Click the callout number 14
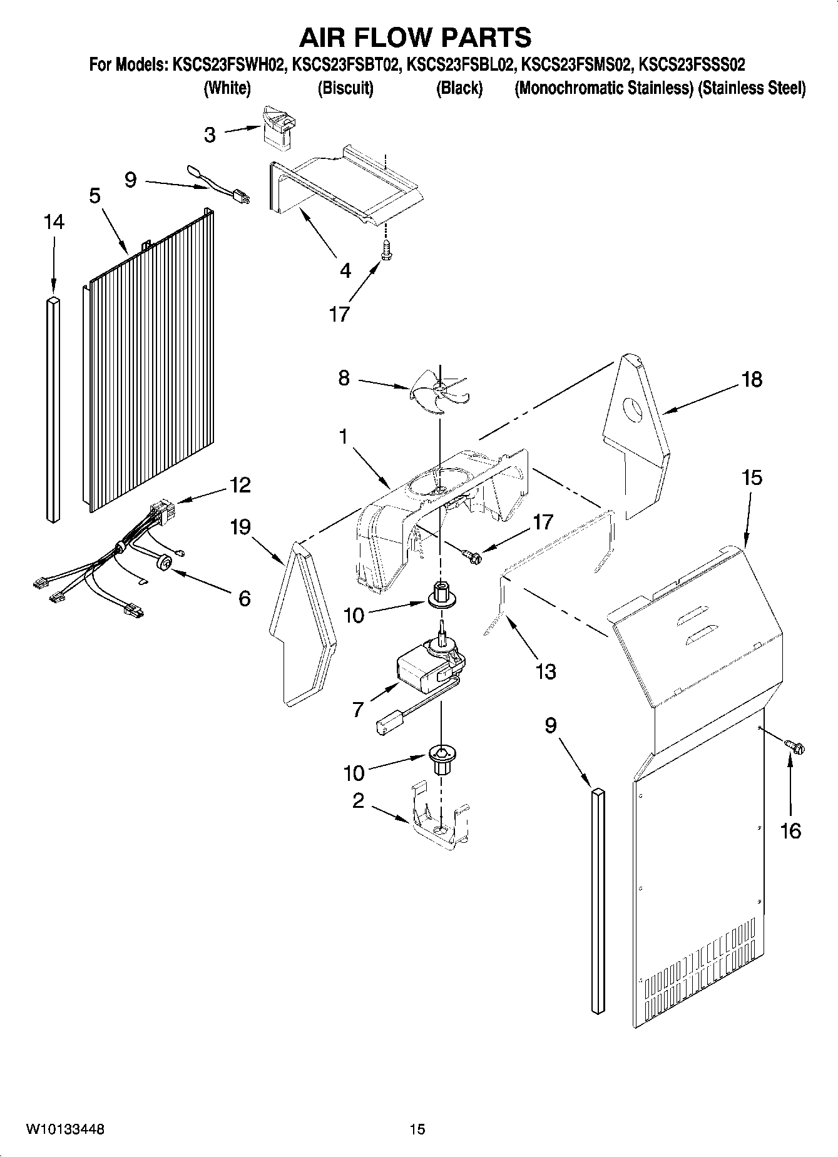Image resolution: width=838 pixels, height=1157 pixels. [x=54, y=222]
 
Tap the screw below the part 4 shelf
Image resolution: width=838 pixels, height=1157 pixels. [x=386, y=252]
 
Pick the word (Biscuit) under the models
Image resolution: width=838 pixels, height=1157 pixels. [x=345, y=88]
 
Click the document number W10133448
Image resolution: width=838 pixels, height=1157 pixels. [x=65, y=1129]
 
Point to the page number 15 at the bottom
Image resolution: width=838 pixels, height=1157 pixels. [x=417, y=1129]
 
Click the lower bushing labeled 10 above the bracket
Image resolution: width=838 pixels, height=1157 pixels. [x=441, y=758]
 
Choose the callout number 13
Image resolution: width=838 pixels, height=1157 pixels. [x=545, y=671]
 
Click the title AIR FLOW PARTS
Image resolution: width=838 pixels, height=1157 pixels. [x=415, y=38]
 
